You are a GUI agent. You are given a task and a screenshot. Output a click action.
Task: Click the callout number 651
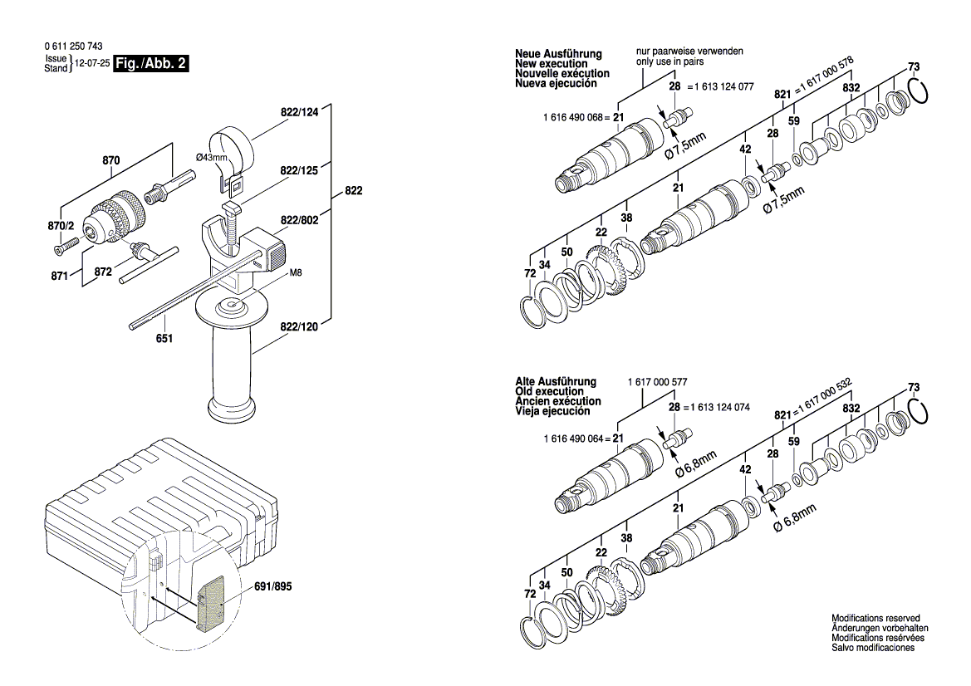pos(164,339)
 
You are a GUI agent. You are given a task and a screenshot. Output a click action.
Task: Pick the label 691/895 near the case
pos(272,586)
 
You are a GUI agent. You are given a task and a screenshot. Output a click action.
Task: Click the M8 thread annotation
pos(296,273)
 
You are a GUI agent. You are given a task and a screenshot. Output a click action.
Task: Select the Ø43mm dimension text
pos(211,158)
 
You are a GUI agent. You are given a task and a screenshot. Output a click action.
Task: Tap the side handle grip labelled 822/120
pos(233,365)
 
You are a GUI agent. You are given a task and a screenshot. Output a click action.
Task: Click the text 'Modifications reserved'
pos(875,619)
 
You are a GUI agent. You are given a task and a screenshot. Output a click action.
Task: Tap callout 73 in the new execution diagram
pos(914,66)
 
